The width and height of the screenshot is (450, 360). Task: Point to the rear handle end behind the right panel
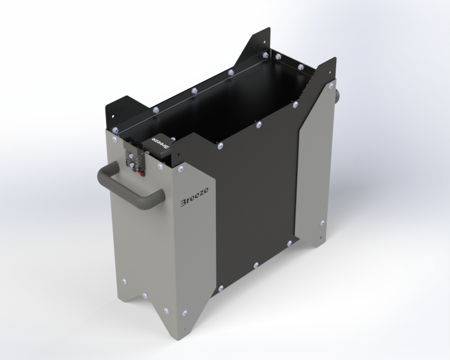coord(336,94)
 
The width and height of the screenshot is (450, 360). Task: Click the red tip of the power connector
coord(141,173)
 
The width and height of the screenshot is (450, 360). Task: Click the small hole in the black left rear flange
coord(113,116)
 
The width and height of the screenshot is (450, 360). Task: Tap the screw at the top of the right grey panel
coord(331,85)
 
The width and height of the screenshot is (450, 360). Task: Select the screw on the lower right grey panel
coord(322,223)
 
